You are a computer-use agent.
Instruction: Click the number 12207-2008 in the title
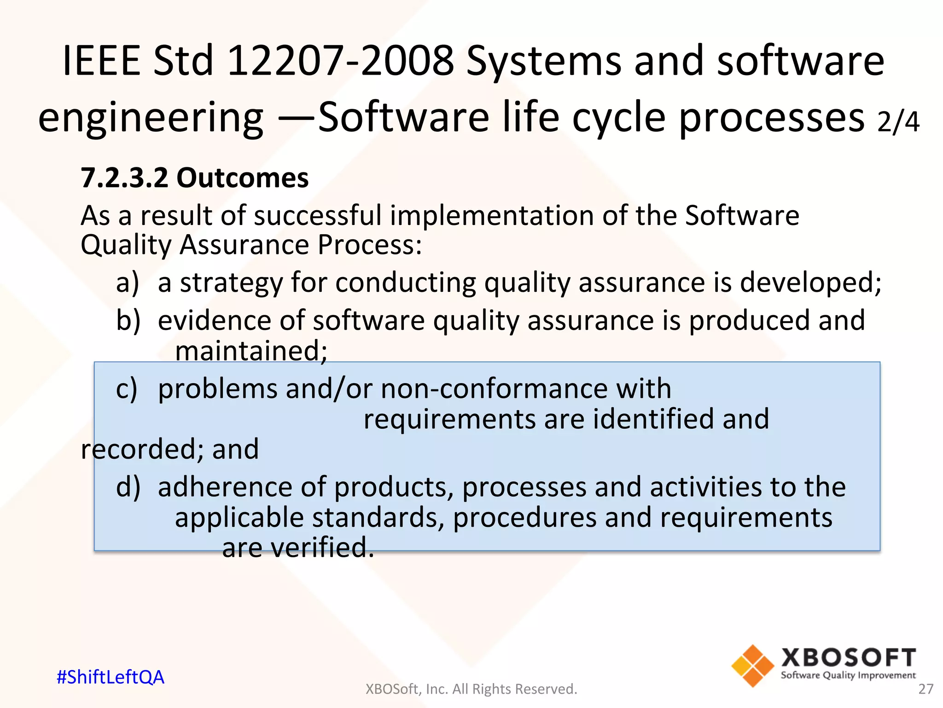[341, 61]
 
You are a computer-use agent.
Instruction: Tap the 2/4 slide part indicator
[898, 122]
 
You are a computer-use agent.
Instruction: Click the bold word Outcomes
[243, 178]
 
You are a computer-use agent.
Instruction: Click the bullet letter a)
[128, 283]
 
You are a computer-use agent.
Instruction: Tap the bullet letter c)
[127, 389]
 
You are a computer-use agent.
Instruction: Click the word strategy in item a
[231, 283]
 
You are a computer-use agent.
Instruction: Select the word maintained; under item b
[251, 351]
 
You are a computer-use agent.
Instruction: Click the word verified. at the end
[322, 548]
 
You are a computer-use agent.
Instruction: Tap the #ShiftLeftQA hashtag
[111, 677]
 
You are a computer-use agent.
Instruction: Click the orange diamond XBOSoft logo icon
[752, 666]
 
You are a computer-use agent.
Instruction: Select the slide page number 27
[926, 689]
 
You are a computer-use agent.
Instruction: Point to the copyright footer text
[471, 689]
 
